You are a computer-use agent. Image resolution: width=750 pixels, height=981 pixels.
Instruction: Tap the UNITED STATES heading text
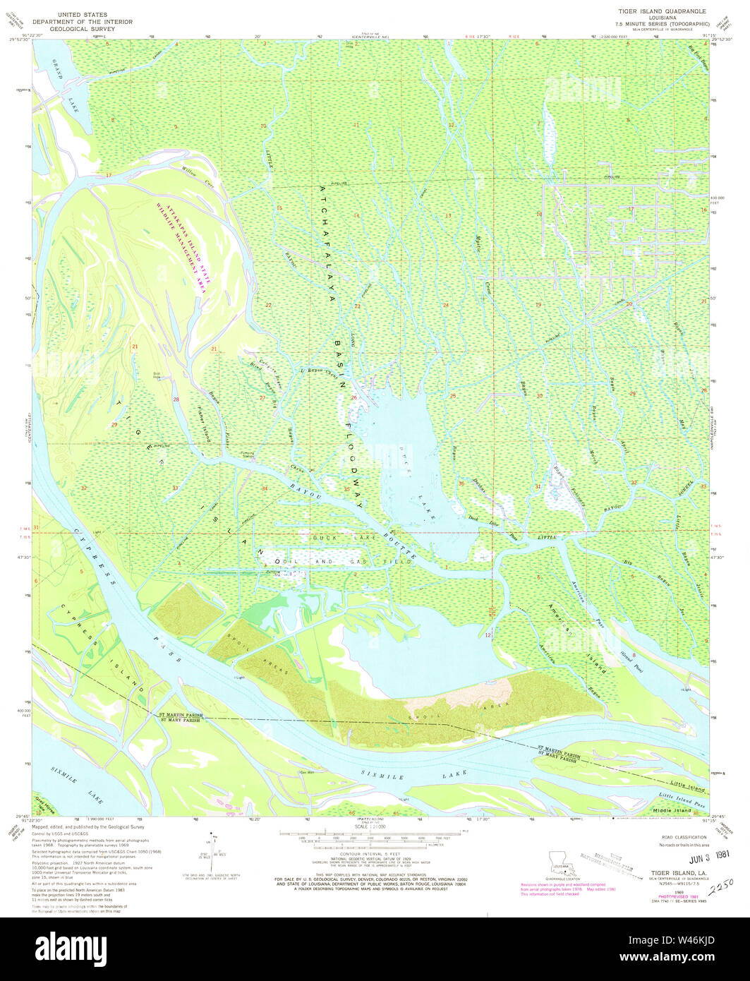click(x=83, y=14)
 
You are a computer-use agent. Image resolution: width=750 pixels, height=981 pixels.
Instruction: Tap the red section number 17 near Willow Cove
click(x=109, y=174)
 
